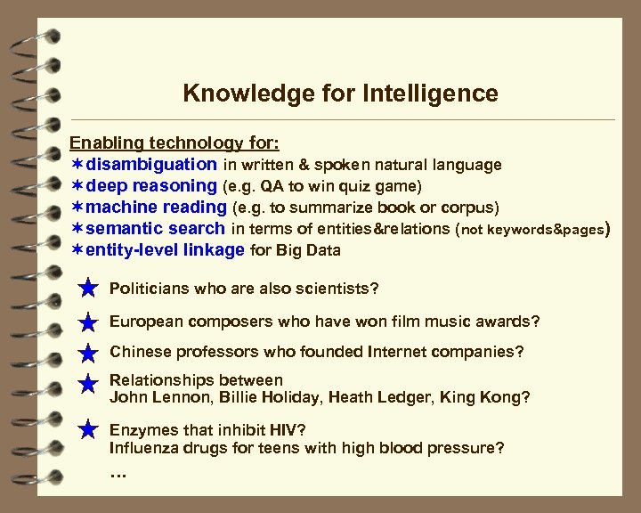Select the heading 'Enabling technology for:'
point(174,142)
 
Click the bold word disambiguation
point(151,164)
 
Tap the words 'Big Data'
point(308,250)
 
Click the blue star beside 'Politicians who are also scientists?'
point(88,289)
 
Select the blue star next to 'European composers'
point(88,322)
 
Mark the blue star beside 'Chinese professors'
point(88,353)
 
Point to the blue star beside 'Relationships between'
point(88,384)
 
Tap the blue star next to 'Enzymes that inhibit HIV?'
point(88,430)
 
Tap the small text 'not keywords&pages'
point(532,229)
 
